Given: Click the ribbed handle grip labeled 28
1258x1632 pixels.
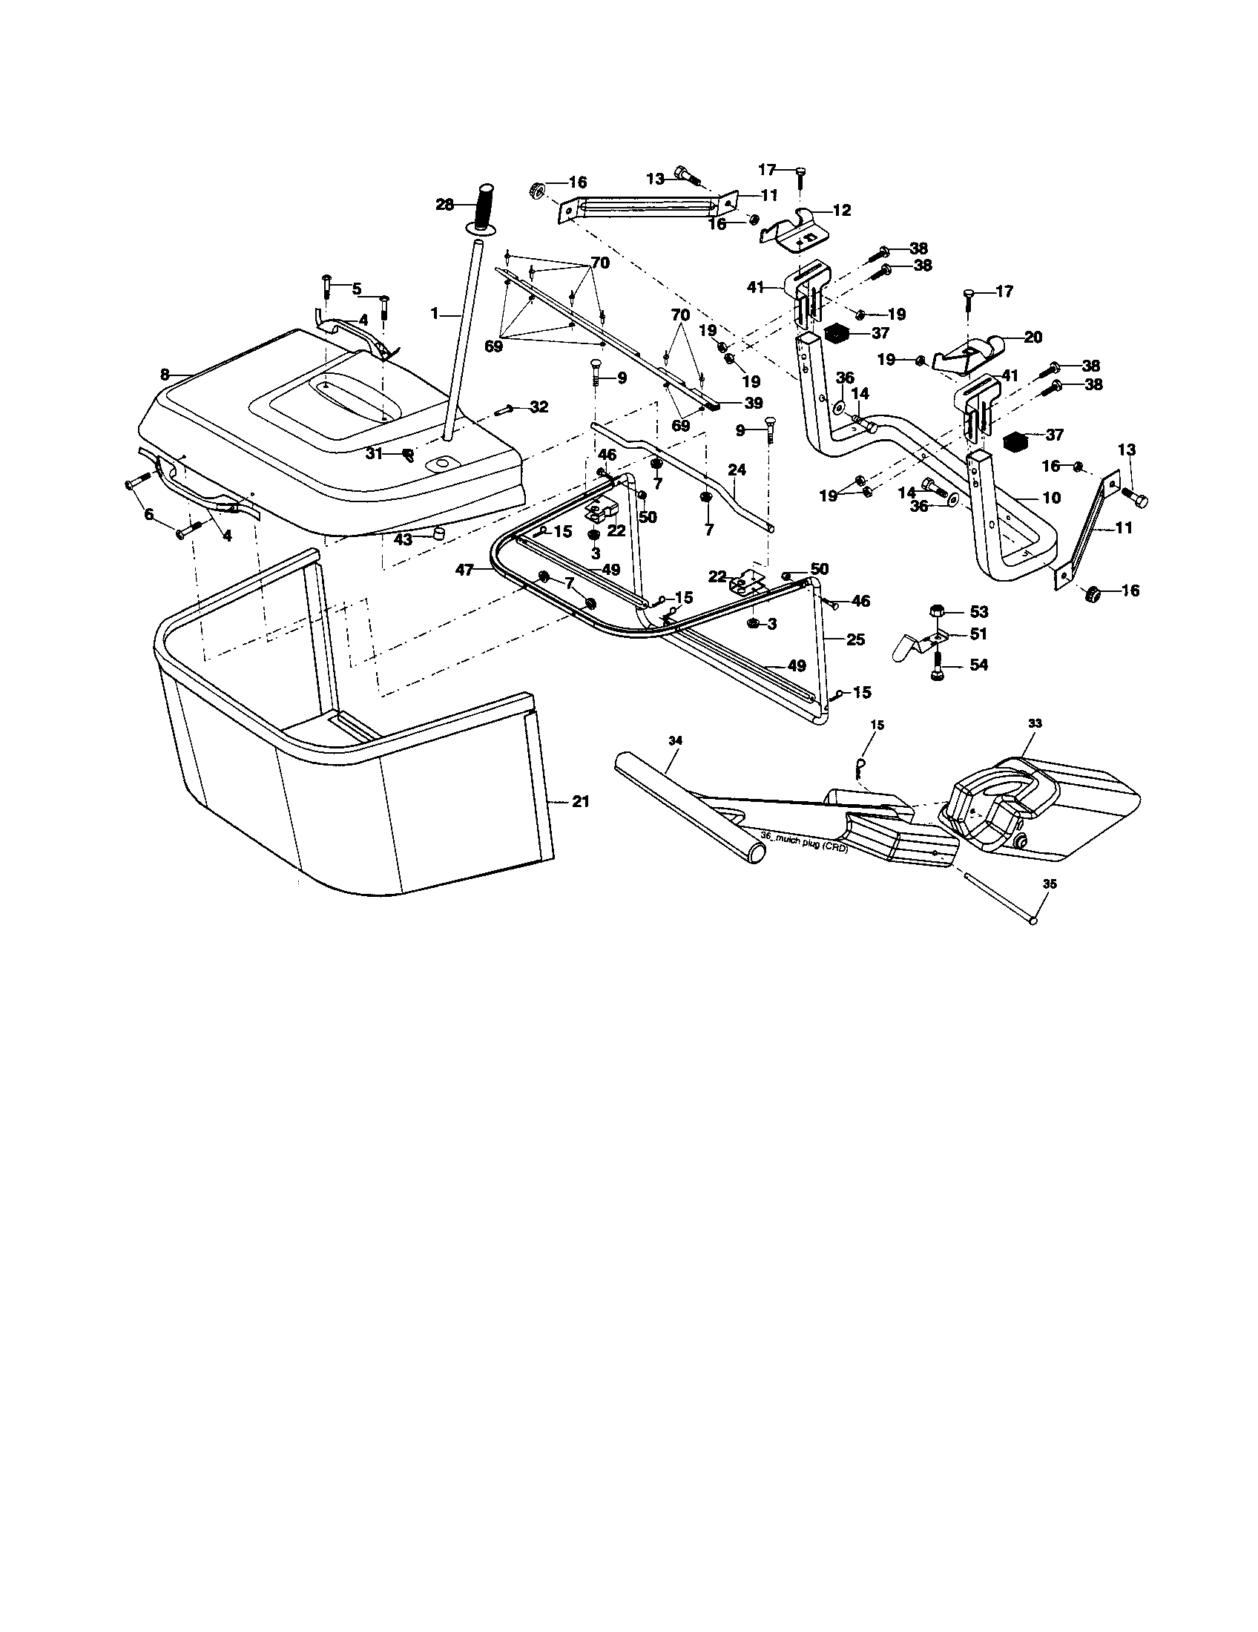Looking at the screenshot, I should (x=487, y=208).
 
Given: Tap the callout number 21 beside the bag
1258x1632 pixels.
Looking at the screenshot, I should (x=581, y=802).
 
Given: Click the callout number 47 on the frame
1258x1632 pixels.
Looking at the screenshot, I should (x=465, y=570).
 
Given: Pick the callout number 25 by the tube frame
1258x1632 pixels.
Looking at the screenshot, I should (x=855, y=639).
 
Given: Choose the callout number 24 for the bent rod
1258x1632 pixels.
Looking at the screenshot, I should (x=737, y=470).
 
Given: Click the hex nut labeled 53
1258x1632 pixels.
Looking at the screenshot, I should (x=935, y=611).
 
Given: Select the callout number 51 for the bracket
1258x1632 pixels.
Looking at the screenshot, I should (x=978, y=634).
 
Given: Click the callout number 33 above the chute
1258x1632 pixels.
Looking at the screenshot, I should (x=1035, y=723).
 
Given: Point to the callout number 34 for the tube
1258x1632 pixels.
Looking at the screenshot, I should (x=675, y=740).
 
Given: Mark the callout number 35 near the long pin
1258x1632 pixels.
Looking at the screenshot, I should (x=1050, y=884).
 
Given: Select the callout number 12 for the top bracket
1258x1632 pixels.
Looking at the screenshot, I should (x=841, y=211).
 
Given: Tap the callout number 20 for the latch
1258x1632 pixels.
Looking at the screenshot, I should (x=1033, y=337).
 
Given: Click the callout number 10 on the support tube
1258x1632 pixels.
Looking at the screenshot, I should (x=1050, y=498).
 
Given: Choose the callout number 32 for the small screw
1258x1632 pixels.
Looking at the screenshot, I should (x=539, y=407).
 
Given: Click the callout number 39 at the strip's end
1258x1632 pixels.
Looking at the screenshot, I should (x=753, y=404).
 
